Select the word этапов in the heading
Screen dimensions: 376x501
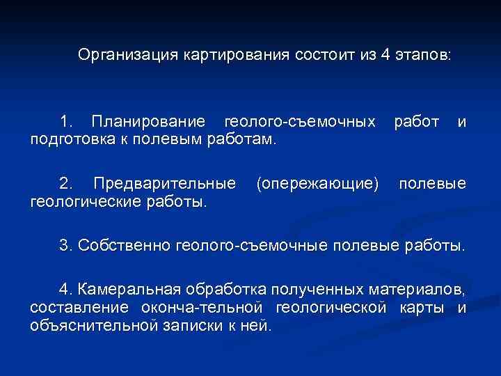tap(424, 54)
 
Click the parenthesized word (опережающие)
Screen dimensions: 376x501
tap(317, 184)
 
